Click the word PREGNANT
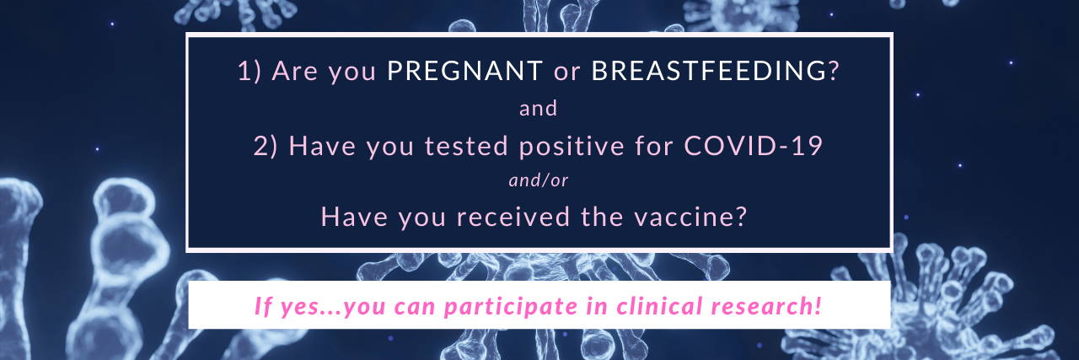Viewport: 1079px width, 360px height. point(464,71)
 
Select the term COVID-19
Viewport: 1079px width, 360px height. point(753,146)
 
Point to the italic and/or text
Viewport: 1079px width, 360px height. point(539,180)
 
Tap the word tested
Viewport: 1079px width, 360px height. point(466,146)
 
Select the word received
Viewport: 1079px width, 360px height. point(513,218)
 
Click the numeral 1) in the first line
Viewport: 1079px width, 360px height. point(250,72)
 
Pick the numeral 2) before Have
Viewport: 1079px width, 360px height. point(266,146)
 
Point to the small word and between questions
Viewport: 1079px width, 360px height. point(538,109)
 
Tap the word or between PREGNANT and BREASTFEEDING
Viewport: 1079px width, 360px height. point(567,73)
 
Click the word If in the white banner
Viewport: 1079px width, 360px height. point(264,306)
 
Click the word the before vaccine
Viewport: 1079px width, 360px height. point(602,218)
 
